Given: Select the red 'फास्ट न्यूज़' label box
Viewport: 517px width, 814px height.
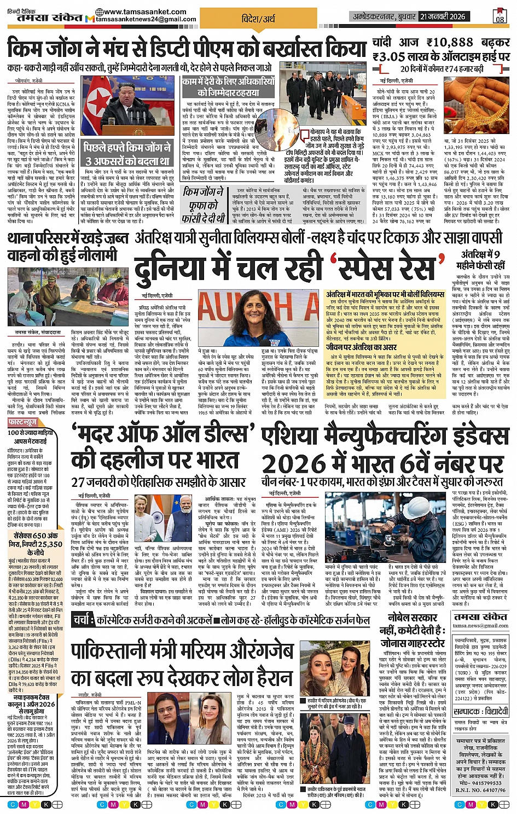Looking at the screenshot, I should (x=22, y=422).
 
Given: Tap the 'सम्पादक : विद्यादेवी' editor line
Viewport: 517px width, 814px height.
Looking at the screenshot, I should (x=481, y=712).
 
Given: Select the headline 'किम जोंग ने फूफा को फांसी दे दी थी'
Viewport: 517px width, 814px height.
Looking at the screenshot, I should (x=204, y=205).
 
